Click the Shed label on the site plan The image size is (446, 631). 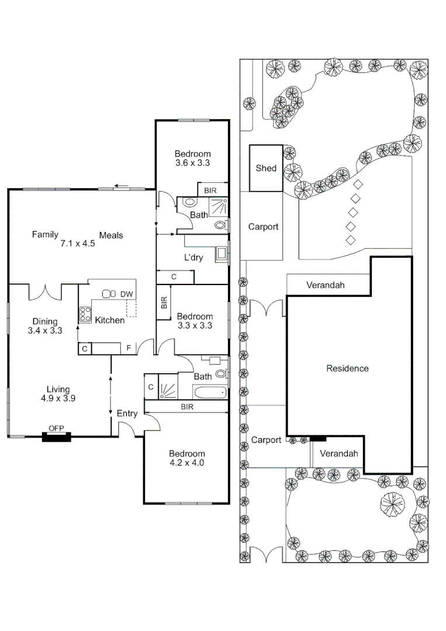[x=266, y=168]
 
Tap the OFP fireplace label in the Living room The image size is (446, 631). [x=56, y=428]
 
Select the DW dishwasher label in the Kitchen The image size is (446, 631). [x=126, y=294]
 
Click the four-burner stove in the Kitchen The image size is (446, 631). [x=85, y=314]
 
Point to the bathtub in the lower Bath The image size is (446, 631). [x=209, y=393]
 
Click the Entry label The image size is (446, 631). [x=127, y=413]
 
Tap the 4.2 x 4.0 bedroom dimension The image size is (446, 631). [x=187, y=463]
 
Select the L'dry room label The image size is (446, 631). [x=193, y=258]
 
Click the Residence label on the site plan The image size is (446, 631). [x=347, y=368]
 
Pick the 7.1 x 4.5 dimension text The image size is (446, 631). [x=78, y=244]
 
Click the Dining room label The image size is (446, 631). [x=45, y=321]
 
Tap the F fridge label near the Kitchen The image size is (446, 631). [x=129, y=348]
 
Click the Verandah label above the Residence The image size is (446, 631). [x=325, y=285]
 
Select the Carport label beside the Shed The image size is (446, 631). [x=263, y=227]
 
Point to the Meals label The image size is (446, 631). [x=111, y=235]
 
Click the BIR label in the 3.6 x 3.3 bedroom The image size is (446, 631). [x=210, y=190]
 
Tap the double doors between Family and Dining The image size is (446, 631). [x=46, y=292]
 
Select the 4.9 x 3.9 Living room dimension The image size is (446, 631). [x=58, y=398]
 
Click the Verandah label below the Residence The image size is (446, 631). [x=339, y=453]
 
